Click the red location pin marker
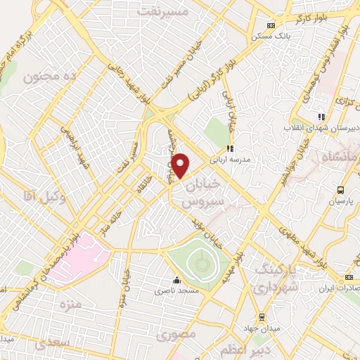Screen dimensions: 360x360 click(x=181, y=166)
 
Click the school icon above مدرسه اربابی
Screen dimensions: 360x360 click(x=229, y=148)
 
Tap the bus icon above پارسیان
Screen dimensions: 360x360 click(x=340, y=189)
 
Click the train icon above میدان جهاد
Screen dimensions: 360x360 click(x=262, y=316)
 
